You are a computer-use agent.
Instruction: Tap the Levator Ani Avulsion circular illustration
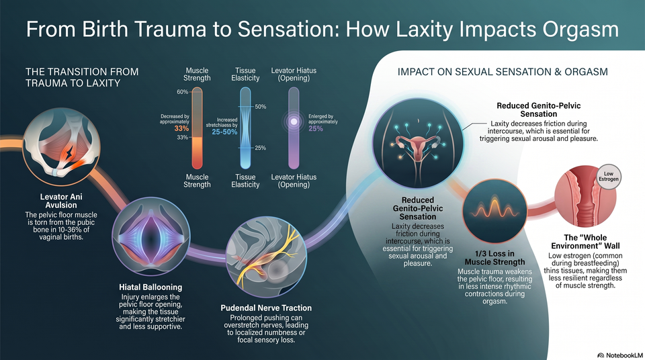(61, 147)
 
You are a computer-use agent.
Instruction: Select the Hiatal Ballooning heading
(150, 287)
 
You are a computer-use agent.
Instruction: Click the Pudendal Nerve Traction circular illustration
(266, 257)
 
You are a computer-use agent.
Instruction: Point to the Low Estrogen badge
(609, 177)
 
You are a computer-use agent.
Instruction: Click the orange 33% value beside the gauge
(181, 128)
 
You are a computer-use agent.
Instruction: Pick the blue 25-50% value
(224, 132)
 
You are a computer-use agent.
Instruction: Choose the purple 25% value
(316, 129)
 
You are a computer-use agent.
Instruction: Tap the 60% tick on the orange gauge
(183, 92)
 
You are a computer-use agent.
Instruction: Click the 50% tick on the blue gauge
(261, 107)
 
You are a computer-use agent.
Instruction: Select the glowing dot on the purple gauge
(294, 122)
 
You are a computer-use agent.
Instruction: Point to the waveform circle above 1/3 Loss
(495, 211)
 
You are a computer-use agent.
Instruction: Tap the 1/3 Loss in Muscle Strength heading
(495, 257)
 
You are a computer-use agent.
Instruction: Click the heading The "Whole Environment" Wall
(585, 242)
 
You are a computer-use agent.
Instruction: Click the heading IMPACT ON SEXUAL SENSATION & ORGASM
(503, 72)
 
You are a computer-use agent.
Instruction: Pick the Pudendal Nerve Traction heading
(266, 308)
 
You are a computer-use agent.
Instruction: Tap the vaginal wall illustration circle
(585, 196)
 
